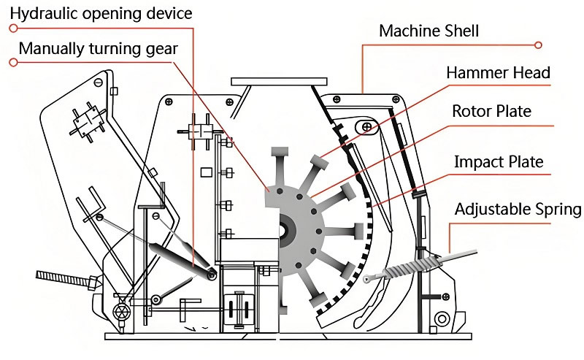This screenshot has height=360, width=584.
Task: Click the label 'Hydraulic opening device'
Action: [101, 14]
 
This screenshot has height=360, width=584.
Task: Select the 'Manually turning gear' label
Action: [99, 49]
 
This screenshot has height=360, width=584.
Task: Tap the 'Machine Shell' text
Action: [429, 31]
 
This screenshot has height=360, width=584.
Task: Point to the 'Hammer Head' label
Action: [498, 72]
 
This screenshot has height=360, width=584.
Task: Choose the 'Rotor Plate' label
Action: [491, 111]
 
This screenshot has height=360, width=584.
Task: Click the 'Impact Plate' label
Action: [499, 161]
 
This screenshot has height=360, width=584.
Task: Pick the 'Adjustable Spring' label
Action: [518, 209]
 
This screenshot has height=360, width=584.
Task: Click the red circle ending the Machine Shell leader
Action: [538, 45]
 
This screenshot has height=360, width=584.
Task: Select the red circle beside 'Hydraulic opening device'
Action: [13, 28]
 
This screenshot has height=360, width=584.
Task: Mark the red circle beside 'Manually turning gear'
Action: [13, 62]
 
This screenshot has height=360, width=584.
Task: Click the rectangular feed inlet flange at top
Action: [279, 82]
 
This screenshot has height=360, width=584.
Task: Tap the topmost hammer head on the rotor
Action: [280, 152]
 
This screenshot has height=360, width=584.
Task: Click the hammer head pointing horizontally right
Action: [358, 231]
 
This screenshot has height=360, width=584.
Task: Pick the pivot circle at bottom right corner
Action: [442, 319]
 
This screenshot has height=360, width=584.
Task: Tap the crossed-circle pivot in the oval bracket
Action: [367, 127]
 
